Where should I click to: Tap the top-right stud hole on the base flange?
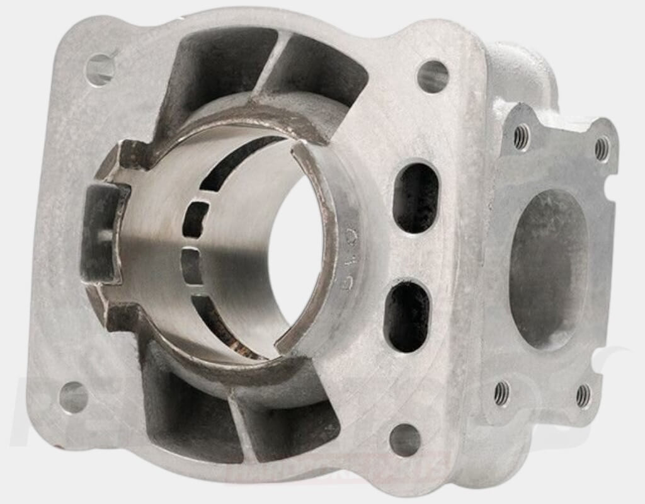click(433, 77)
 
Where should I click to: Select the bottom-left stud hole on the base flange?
click(74, 397)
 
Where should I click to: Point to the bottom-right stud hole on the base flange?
click(405, 439)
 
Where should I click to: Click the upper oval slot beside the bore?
click(416, 197)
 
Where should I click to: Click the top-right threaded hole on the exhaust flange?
click(602, 149)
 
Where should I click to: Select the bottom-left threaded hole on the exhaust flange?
click(501, 393)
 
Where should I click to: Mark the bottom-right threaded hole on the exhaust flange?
click(584, 396)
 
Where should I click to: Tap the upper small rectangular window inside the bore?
click(196, 218)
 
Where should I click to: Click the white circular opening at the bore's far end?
click(296, 246)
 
